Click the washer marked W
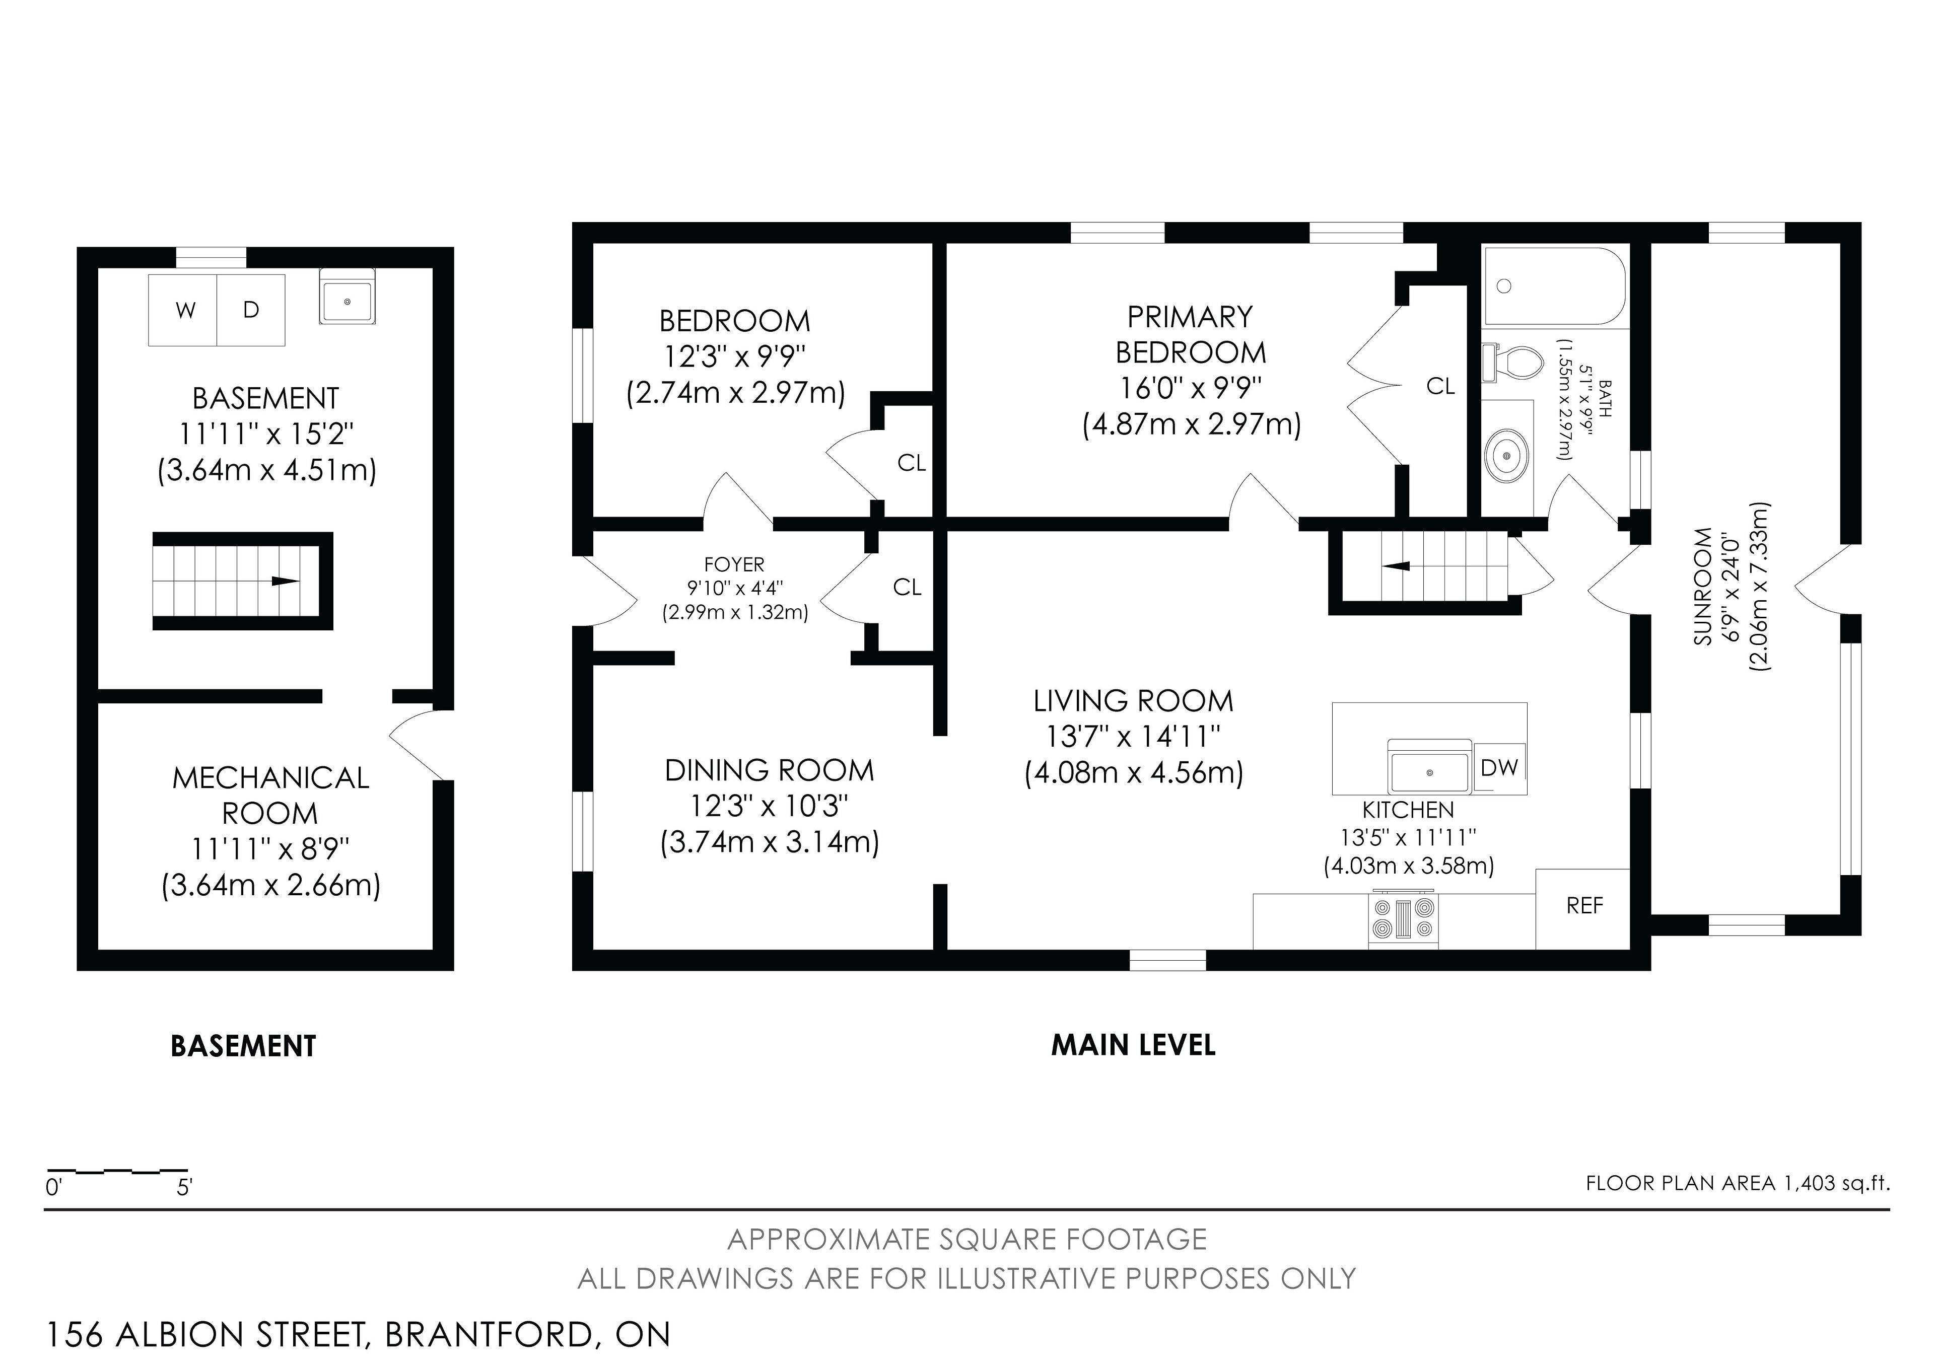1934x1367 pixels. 183,310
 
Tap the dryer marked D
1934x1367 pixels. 251,310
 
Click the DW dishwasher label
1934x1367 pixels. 1499,767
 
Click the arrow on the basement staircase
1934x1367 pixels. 284,581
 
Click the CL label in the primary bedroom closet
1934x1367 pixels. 1440,386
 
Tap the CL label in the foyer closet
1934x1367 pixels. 907,587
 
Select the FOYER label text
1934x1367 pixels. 734,564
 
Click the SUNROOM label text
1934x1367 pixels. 1703,587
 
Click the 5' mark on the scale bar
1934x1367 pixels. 184,1188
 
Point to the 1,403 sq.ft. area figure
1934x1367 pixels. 1836,1183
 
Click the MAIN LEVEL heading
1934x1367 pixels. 1133,1045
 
